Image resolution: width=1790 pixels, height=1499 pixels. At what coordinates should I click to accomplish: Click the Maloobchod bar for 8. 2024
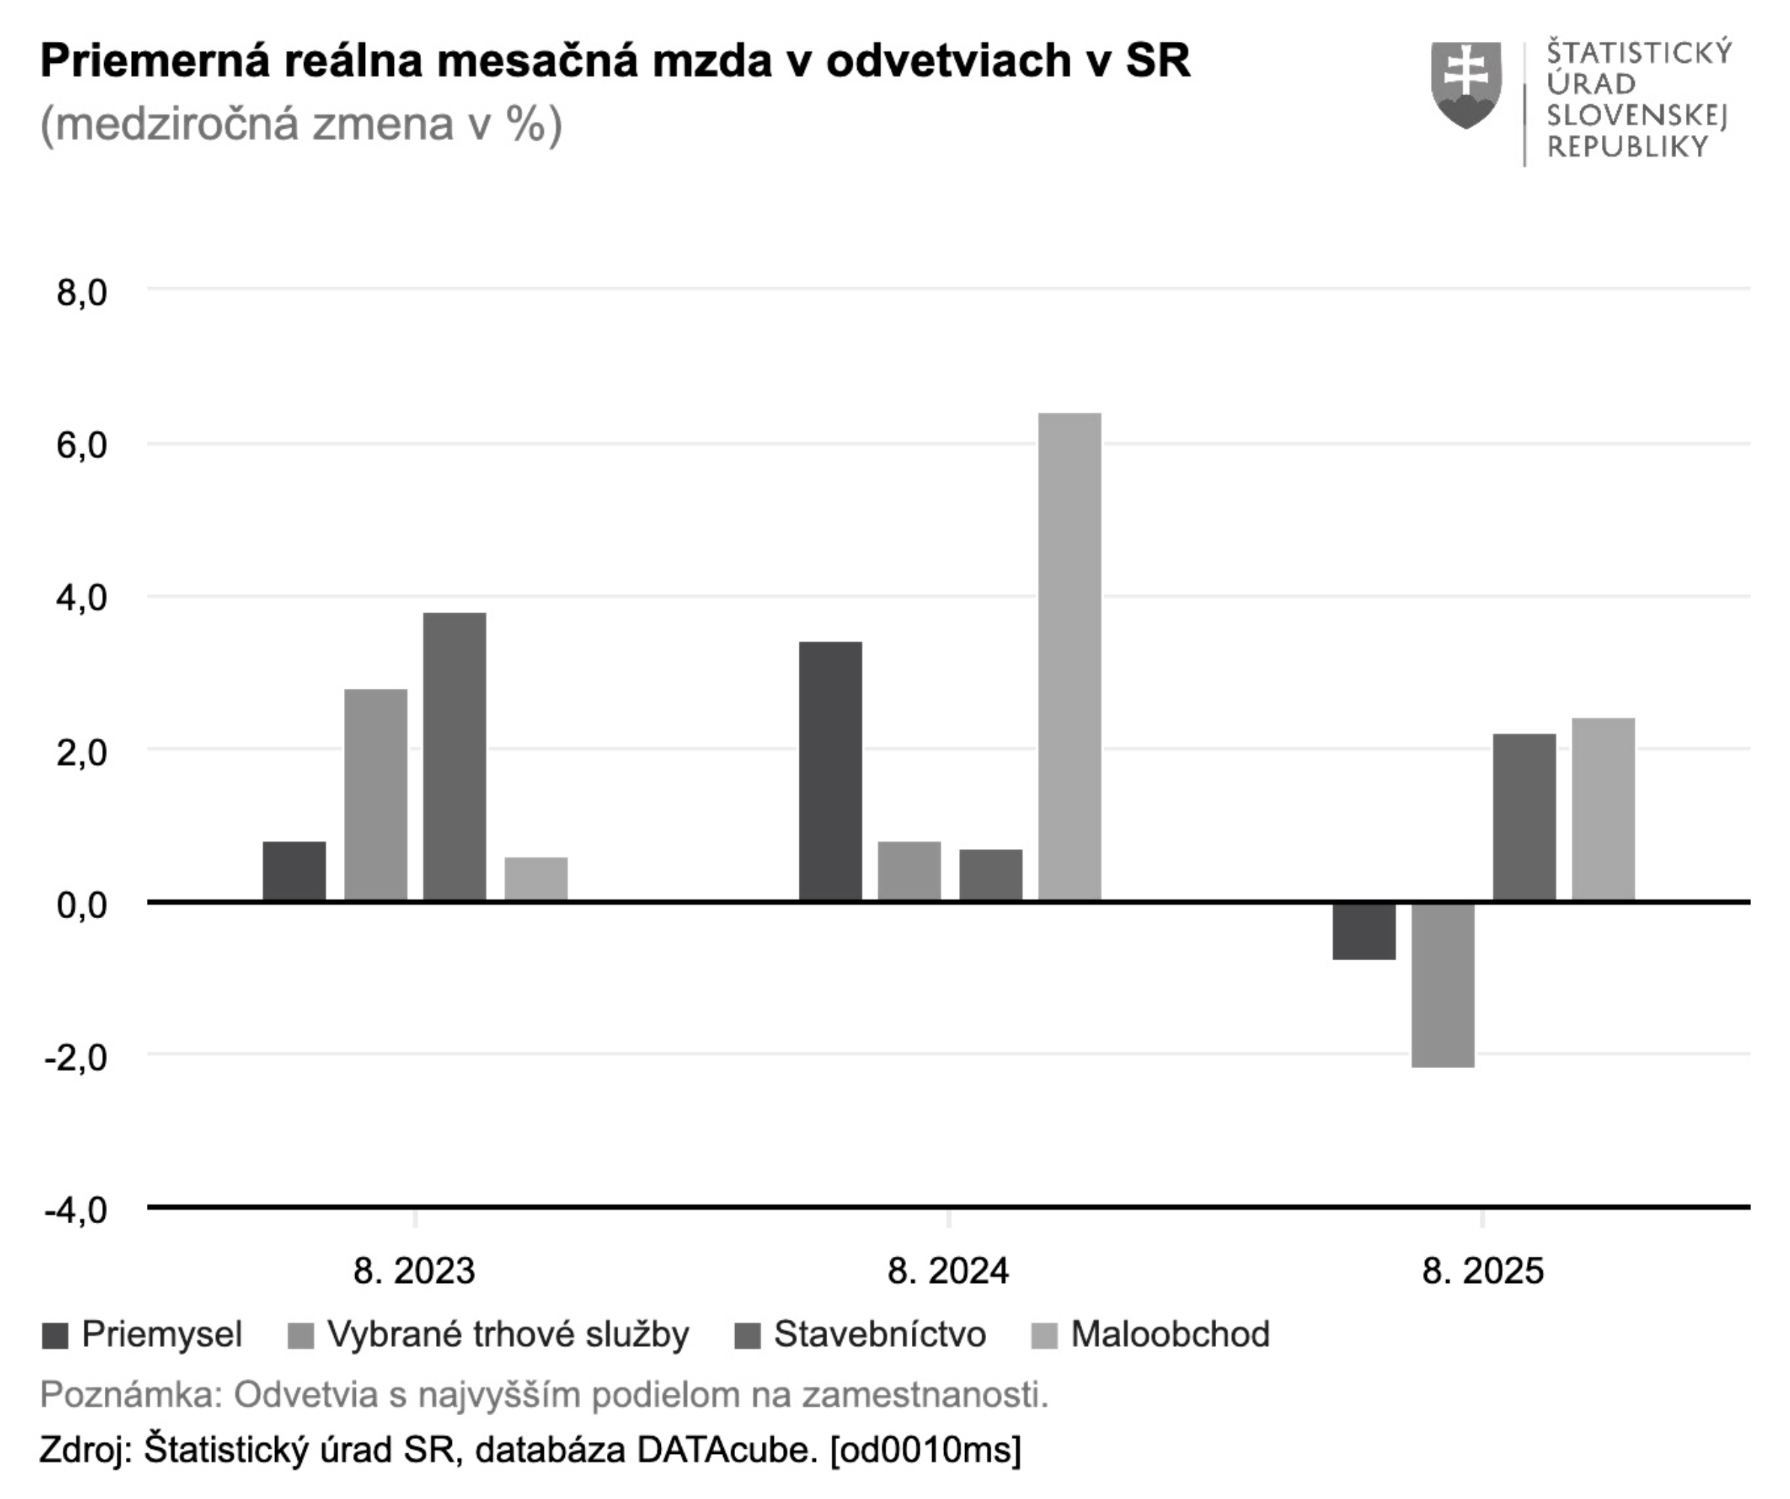tap(1069, 657)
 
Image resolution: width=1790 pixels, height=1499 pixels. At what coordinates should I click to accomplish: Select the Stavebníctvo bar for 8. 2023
tap(454, 756)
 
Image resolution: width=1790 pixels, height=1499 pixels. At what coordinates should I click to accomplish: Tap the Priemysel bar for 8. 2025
tap(1364, 930)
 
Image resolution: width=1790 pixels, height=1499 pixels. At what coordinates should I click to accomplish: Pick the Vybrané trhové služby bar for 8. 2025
tap(1442, 984)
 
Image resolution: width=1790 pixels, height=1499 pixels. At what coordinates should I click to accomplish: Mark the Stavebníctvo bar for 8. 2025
tap(1524, 817)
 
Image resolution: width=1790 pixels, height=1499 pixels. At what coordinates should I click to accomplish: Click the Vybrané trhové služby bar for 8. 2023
tap(375, 794)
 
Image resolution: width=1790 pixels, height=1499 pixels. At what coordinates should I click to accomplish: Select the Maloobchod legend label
tap(1170, 1334)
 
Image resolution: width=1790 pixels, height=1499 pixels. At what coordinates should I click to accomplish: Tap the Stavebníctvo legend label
tap(880, 1334)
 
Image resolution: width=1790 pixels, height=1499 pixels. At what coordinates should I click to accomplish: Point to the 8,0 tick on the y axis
tap(82, 293)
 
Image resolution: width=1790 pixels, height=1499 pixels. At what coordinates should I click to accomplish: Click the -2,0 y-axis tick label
tap(76, 1058)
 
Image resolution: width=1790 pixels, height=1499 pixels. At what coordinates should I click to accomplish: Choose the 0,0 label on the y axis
tap(82, 905)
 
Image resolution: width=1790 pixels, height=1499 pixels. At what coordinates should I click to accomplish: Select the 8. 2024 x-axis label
tap(948, 1271)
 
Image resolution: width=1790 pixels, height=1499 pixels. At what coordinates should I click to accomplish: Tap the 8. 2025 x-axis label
tap(1482, 1271)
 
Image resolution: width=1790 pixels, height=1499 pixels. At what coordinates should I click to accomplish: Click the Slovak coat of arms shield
tap(1466, 85)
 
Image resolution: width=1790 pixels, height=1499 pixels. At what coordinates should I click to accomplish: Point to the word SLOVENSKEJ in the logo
tap(1636, 115)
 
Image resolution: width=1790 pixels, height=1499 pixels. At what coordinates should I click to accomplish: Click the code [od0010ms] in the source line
tap(925, 1450)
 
